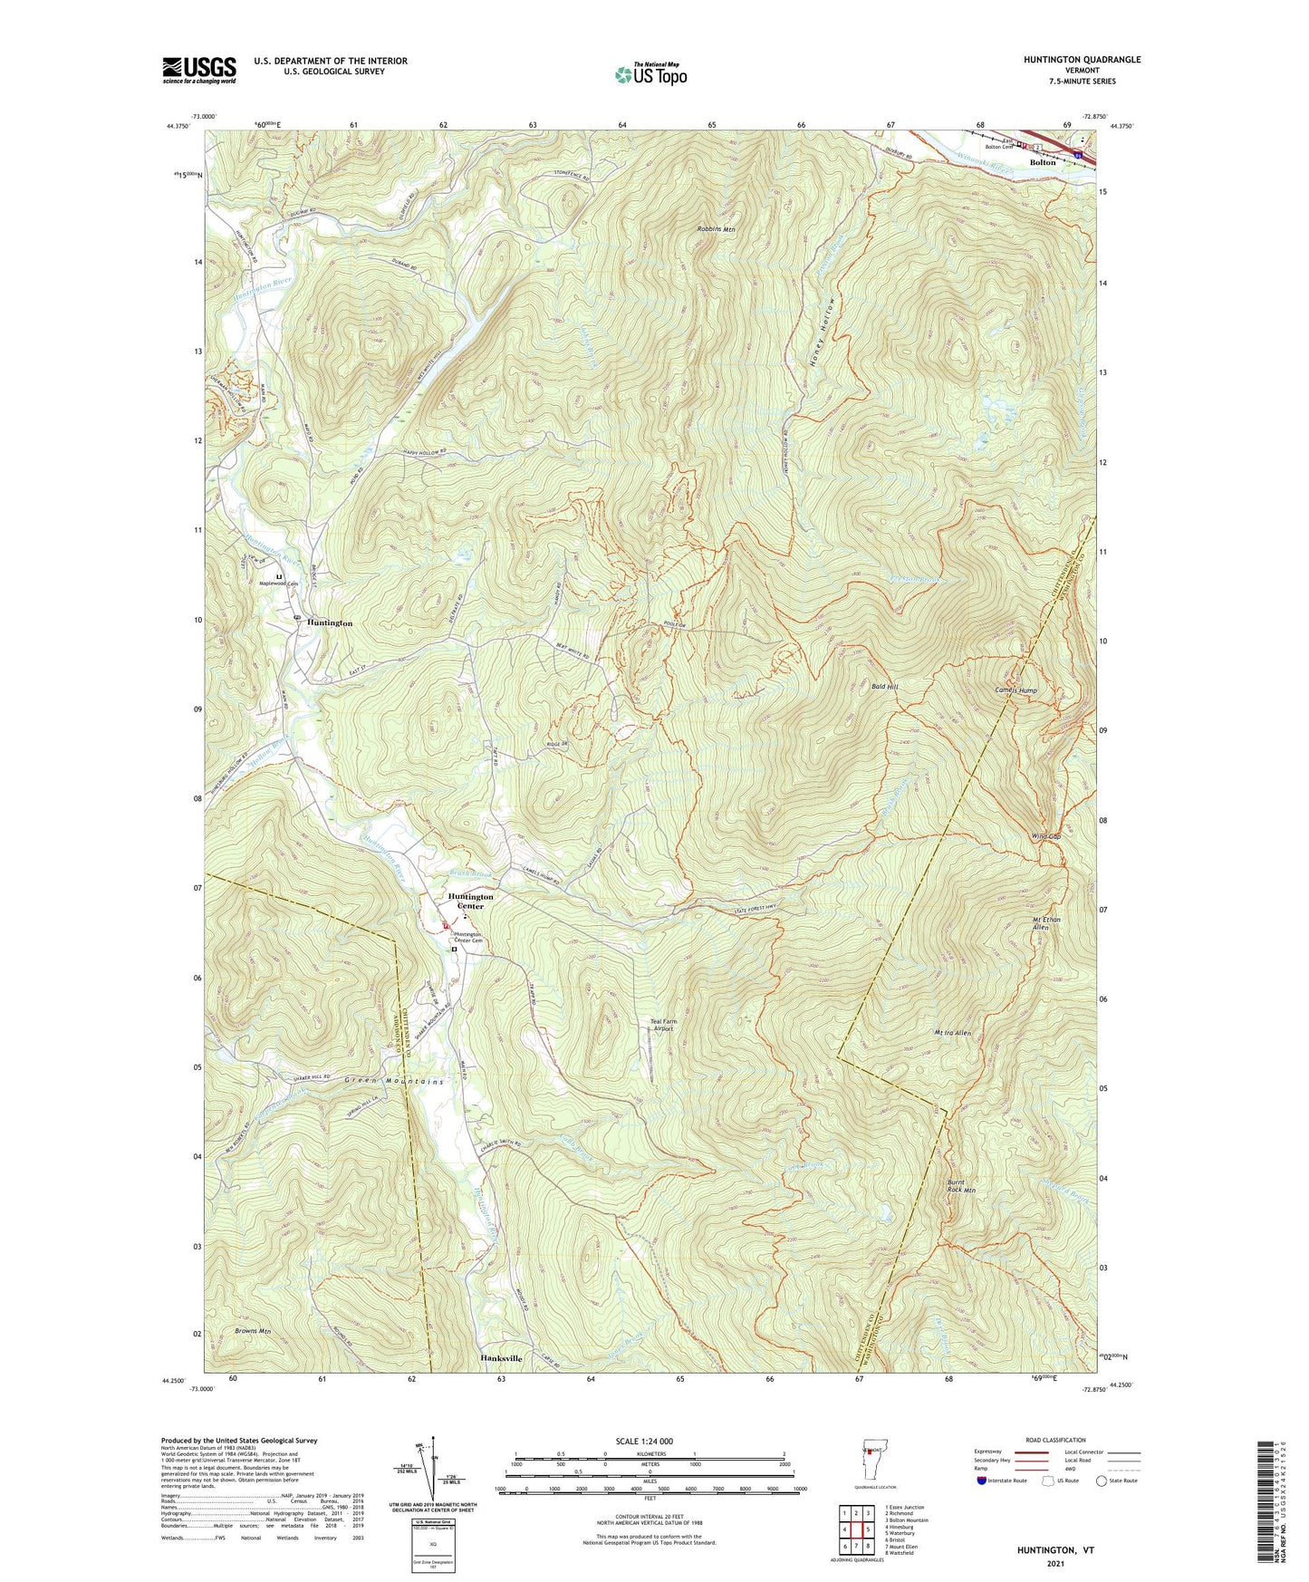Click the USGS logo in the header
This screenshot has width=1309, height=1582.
point(198,70)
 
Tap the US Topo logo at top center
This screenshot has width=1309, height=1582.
point(650,75)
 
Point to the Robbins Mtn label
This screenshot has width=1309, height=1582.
point(716,230)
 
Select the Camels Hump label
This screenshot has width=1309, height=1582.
point(1015,690)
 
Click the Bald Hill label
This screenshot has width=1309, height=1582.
point(884,688)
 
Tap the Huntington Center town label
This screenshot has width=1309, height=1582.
point(471,901)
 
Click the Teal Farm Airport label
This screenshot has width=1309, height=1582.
point(663,1025)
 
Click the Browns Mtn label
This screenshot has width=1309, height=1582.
point(253,1331)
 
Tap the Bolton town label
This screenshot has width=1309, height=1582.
point(1043,162)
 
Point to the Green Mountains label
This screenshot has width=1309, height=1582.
point(394,1082)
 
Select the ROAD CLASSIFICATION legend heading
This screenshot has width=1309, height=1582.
point(1054,1440)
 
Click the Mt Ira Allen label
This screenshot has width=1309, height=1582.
point(952,1033)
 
